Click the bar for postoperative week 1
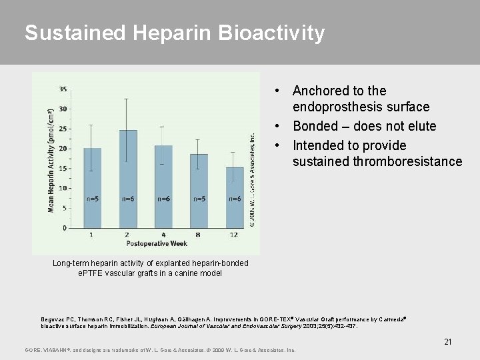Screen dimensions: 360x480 click(x=92, y=187)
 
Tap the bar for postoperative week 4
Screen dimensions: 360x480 click(x=163, y=187)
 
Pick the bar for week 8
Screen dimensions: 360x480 click(x=199, y=191)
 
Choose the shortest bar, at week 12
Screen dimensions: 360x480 click(x=234, y=197)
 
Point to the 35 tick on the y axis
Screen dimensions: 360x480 click(x=63, y=89)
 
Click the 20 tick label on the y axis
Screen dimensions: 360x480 click(x=63, y=148)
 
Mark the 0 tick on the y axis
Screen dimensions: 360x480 click(x=65, y=228)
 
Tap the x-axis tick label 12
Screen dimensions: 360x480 click(x=234, y=235)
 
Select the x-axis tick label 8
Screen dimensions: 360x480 click(x=199, y=235)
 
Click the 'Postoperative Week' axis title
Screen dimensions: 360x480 click(x=163, y=244)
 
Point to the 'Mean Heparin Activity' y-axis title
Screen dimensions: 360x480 click(x=51, y=160)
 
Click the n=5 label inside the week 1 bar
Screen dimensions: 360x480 click(x=92, y=199)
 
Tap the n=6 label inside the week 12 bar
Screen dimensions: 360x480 click(x=234, y=199)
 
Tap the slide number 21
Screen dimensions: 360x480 click(x=448, y=342)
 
